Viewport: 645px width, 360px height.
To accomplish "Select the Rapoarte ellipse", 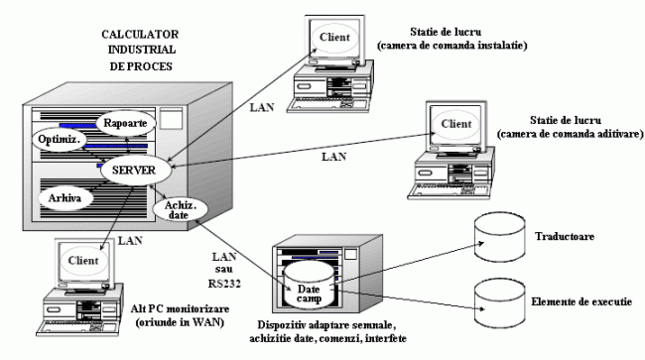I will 124,124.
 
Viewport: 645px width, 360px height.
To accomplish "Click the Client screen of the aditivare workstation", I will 455,124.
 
